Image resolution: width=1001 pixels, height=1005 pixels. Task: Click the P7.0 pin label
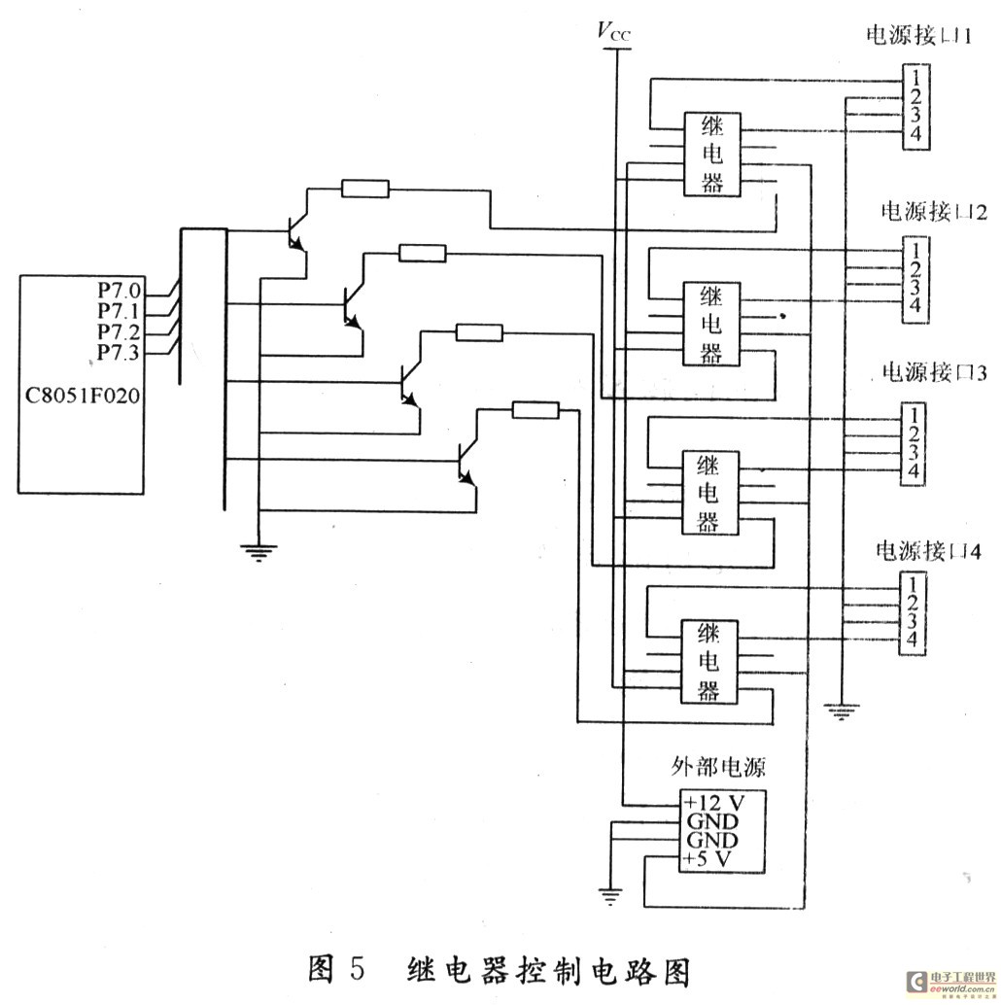[x=119, y=290]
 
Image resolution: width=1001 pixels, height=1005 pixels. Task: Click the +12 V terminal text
[x=714, y=803]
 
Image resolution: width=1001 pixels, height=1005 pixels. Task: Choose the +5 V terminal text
[x=709, y=859]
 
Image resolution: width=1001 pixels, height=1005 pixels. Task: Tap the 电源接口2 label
[x=934, y=212]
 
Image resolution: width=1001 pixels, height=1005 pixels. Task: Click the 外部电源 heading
[x=719, y=767]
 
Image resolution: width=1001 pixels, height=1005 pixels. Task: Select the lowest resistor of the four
[x=535, y=410]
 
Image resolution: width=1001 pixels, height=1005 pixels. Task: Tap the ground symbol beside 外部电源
[x=609, y=896]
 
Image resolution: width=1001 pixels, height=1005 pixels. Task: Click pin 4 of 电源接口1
[x=915, y=134]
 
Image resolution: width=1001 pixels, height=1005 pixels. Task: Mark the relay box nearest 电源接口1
[x=712, y=155]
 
